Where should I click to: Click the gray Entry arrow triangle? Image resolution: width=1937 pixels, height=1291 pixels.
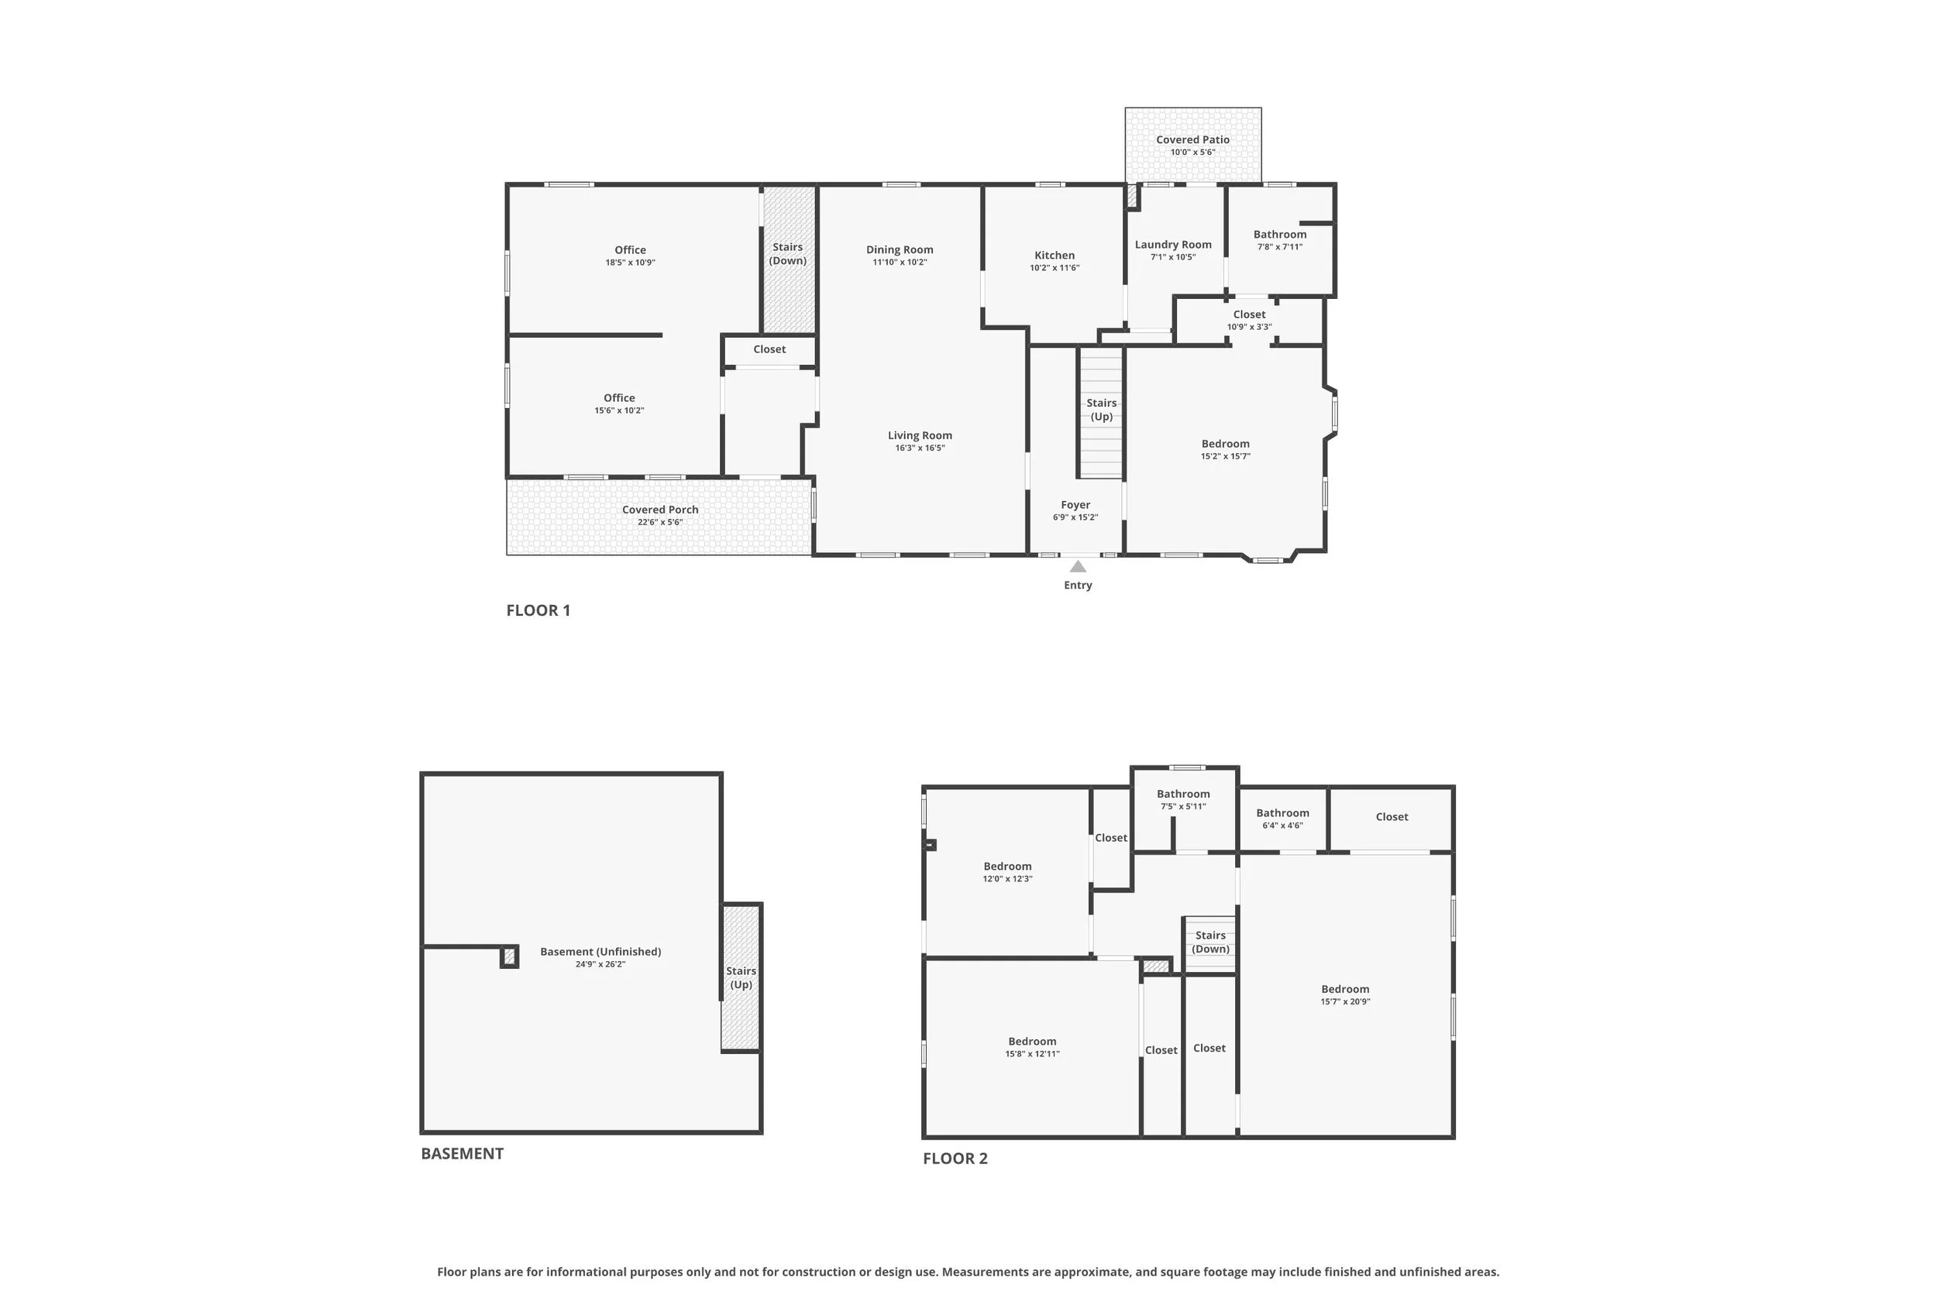coord(1077,566)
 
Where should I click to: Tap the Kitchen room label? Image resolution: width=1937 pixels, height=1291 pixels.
coord(1055,256)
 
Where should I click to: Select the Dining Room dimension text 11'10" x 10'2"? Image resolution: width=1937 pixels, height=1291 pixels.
coord(900,263)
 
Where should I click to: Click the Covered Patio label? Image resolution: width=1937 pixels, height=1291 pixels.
coord(1192,140)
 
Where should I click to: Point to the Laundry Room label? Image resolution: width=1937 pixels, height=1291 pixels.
coord(1173,245)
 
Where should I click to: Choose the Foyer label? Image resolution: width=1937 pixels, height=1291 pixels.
coord(1075,505)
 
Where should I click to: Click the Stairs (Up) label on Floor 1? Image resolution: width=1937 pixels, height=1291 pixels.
coord(1101,409)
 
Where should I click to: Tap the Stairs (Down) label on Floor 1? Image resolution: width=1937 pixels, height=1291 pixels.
coord(787,253)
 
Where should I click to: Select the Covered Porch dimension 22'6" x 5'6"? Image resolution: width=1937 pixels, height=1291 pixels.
coord(659,522)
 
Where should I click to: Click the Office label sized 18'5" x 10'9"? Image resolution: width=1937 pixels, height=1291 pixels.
coord(630,249)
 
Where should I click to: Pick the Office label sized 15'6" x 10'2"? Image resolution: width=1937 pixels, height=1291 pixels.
coord(619,397)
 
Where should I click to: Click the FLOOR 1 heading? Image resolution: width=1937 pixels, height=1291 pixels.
coord(538,610)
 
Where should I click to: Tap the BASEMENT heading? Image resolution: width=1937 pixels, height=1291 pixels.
coord(462,1153)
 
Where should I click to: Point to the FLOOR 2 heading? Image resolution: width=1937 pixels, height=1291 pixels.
coord(955,1159)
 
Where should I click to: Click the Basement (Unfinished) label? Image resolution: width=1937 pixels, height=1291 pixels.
coord(600,952)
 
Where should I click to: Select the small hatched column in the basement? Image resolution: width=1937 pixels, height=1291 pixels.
coord(510,956)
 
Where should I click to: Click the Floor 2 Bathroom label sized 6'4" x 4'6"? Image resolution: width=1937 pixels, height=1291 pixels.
coord(1282,812)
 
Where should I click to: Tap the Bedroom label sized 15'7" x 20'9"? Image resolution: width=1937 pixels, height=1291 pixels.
coord(1345,989)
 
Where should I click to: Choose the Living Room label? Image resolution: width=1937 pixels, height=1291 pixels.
coord(920,435)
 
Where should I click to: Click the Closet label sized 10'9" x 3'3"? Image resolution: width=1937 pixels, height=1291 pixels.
coord(1249,314)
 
